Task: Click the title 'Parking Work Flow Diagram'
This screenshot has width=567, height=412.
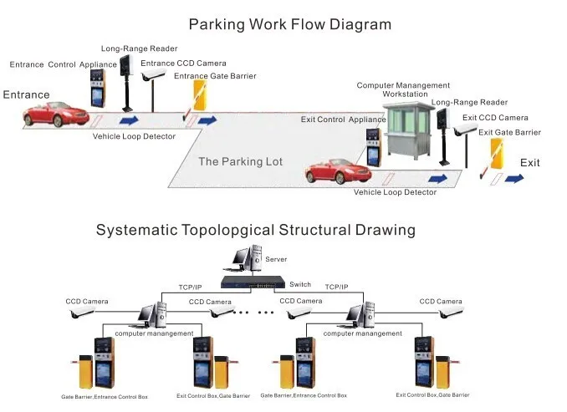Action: [289, 24]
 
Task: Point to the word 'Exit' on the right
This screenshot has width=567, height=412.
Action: [530, 162]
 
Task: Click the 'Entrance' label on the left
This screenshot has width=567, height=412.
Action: [26, 95]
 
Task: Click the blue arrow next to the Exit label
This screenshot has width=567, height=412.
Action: [513, 179]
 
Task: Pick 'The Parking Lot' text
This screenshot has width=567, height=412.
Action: [240, 161]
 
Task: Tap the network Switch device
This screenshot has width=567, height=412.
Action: [258, 284]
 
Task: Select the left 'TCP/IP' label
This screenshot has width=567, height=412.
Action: [190, 287]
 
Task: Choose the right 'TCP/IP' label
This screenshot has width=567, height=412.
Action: [337, 287]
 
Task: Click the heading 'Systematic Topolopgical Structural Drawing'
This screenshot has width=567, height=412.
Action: [255, 229]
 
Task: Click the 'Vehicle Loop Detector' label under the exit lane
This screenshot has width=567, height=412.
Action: [395, 192]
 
